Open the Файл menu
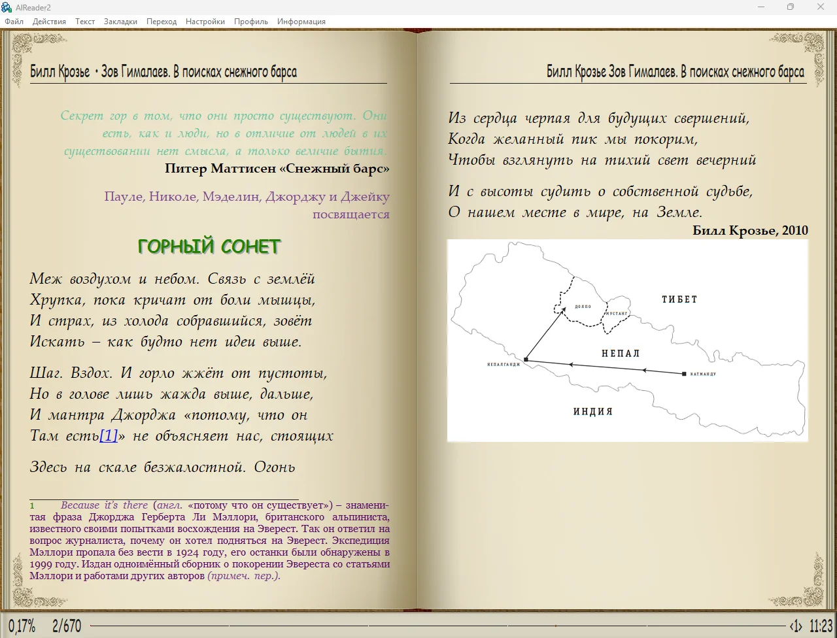(14, 22)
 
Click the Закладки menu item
(120, 22)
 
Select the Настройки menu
(205, 22)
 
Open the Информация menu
(301, 22)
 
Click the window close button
(821, 7)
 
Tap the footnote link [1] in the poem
(109, 436)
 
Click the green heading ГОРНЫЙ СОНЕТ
(209, 246)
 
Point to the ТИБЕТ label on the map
(679, 299)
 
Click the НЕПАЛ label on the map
(621, 354)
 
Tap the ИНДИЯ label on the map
(593, 412)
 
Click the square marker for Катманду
(684, 374)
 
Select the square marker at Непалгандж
(526, 360)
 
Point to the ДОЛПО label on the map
(583, 307)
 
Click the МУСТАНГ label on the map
(617, 314)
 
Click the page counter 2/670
(67, 626)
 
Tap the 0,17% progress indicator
(22, 626)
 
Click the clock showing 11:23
(821, 626)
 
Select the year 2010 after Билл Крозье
(794, 231)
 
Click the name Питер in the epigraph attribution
(186, 169)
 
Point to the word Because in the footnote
(80, 505)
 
